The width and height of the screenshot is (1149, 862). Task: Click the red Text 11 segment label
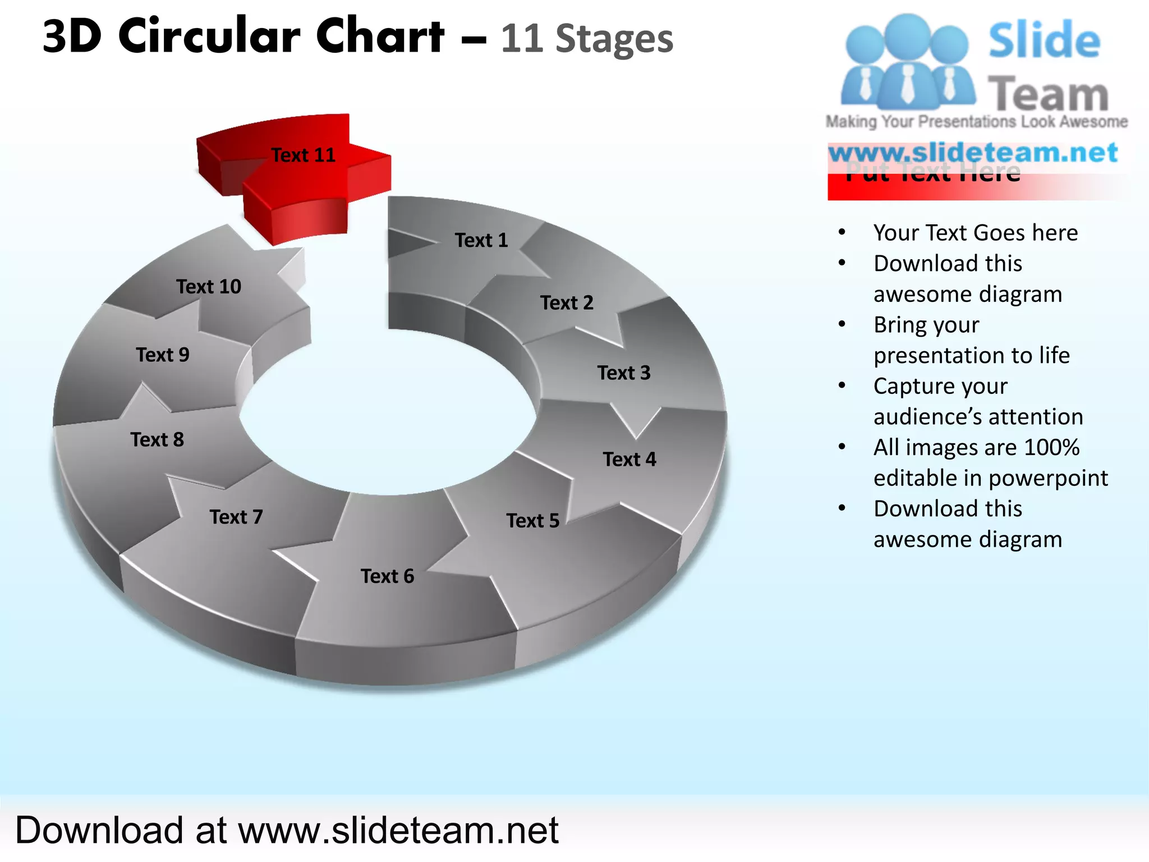pyautogui.click(x=303, y=155)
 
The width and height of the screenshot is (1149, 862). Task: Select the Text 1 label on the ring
pyautogui.click(x=481, y=240)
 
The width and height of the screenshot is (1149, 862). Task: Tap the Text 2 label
pyautogui.click(x=567, y=303)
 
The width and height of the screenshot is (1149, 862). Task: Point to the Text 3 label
pyautogui.click(x=624, y=373)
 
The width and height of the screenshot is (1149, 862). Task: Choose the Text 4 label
pyautogui.click(x=629, y=459)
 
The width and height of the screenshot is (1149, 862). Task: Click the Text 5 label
pyautogui.click(x=533, y=521)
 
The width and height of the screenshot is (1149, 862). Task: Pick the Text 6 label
pyautogui.click(x=387, y=576)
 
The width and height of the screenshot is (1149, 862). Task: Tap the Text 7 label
pyautogui.click(x=236, y=517)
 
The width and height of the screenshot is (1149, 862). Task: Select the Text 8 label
pyautogui.click(x=157, y=439)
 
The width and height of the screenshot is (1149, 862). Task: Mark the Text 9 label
pyautogui.click(x=163, y=355)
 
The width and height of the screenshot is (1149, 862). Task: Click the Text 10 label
pyautogui.click(x=209, y=287)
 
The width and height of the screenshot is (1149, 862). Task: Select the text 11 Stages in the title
pyautogui.click(x=587, y=39)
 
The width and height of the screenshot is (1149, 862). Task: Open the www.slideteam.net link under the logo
pyautogui.click(x=973, y=153)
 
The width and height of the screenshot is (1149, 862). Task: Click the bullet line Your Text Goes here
pyautogui.click(x=976, y=232)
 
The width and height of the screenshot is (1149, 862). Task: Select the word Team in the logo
pyautogui.click(x=1048, y=94)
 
